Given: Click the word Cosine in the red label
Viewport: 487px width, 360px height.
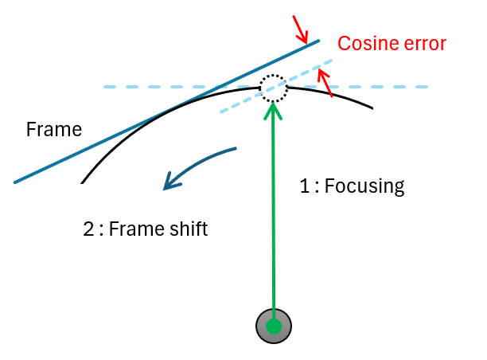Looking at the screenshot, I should point(364,44).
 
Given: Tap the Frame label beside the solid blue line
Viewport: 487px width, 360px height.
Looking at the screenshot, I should point(54,129).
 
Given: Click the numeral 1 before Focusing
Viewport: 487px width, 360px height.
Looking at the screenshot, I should point(303,186).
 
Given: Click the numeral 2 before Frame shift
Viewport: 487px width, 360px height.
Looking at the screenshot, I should point(88,229).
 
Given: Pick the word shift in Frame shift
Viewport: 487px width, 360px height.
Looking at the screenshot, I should point(186,229).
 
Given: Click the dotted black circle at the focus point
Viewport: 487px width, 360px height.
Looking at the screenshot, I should point(274,88).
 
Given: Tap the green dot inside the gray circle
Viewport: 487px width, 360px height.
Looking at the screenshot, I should point(274,326).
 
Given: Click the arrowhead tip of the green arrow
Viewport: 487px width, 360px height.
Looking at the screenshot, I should point(274,104).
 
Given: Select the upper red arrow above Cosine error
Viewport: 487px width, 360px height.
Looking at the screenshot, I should point(301,29).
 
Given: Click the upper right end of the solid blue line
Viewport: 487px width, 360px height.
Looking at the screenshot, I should point(319,41).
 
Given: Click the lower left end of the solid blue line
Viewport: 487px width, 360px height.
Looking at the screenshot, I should point(15,182).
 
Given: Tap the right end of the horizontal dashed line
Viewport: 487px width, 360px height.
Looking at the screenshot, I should point(427,86).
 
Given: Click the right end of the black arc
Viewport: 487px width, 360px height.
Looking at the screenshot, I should point(372,108).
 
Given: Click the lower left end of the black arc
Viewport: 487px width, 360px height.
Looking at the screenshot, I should point(82,183).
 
